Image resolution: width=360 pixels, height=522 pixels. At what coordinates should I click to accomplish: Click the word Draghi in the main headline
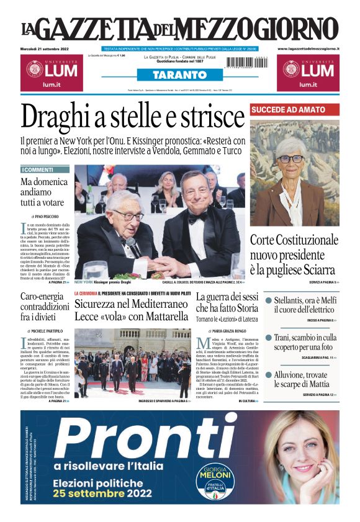coord(59,118)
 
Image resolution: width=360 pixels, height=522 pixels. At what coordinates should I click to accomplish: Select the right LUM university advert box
coord(308,72)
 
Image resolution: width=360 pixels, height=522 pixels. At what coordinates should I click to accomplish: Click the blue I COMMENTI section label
coord(45,169)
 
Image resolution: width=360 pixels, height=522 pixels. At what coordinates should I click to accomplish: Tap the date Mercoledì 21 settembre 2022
coord(47,48)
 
